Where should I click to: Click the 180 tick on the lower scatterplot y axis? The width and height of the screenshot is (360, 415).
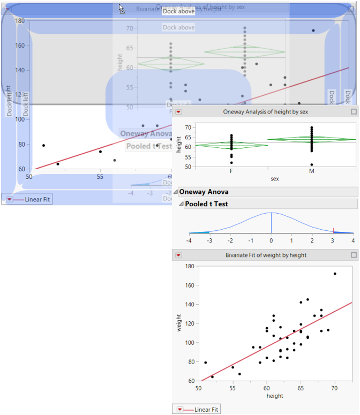point(190,266)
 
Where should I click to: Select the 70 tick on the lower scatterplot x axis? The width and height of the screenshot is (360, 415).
point(335,387)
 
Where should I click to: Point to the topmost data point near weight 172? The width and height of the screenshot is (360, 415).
point(335,274)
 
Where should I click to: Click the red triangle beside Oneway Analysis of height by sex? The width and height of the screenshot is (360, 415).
point(179,112)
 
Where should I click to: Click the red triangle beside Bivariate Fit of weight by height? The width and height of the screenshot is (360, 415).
point(179,255)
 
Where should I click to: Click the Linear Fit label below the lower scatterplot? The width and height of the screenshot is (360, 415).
point(206,409)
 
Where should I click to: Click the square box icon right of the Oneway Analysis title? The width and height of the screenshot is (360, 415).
point(353,112)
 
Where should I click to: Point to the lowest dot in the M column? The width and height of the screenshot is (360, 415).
point(311,164)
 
